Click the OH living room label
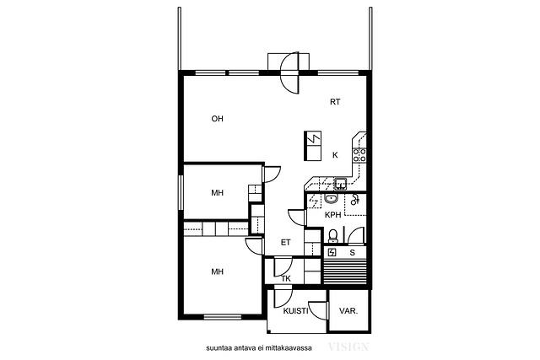(x=218, y=119)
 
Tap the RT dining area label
(x=335, y=102)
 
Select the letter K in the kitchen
(x=335, y=155)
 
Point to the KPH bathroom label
(x=333, y=215)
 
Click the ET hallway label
(x=285, y=242)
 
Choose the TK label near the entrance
(x=286, y=279)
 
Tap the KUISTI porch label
(x=295, y=311)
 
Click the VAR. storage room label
(x=348, y=311)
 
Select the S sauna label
(x=353, y=253)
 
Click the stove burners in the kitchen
(x=359, y=155)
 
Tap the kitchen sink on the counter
(x=341, y=184)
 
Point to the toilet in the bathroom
(x=333, y=236)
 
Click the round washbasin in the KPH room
(x=332, y=199)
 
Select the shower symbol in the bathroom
(x=354, y=200)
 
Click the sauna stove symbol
(x=332, y=253)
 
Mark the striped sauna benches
(x=344, y=271)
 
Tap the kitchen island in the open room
(x=313, y=146)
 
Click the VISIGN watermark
(x=348, y=347)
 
